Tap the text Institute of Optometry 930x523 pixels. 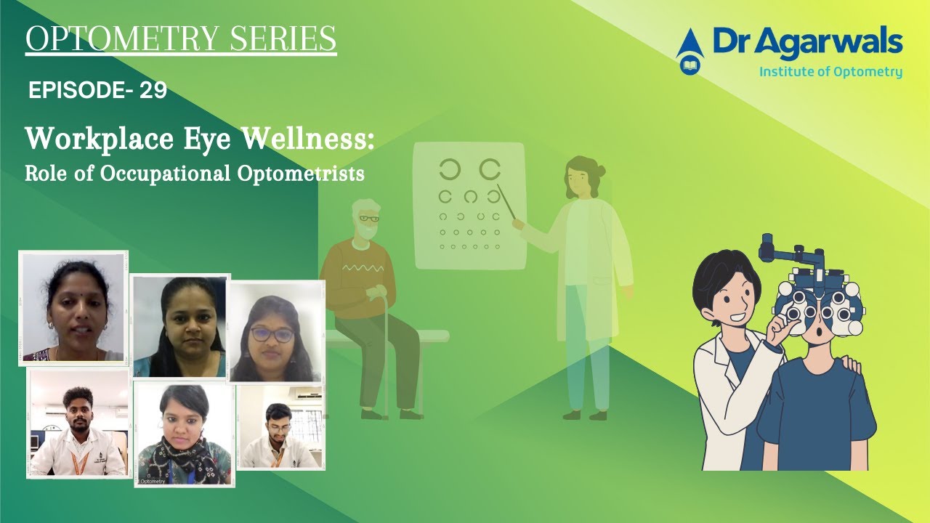click(830, 72)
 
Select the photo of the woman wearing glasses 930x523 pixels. click(275, 331)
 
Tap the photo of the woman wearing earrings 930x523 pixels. click(73, 308)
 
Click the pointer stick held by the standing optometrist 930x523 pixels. click(506, 203)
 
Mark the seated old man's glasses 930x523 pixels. click(368, 218)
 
